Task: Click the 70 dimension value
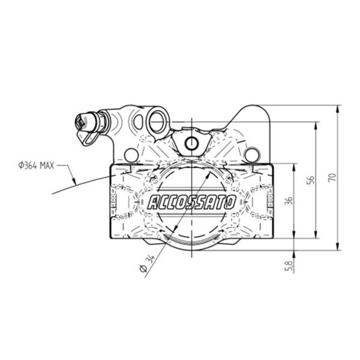[332, 178]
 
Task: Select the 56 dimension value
[311, 180]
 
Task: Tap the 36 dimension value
[289, 200]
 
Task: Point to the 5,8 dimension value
[289, 266]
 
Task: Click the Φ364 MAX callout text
[36, 166]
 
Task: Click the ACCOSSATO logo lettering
[192, 202]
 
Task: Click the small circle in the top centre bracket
[191, 143]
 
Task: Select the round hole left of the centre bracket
[131, 155]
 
